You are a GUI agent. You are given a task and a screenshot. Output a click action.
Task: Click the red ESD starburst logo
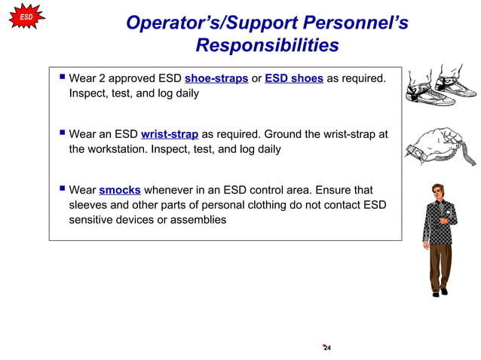(x=26, y=17)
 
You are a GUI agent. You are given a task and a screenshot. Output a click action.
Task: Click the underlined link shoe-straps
(x=216, y=79)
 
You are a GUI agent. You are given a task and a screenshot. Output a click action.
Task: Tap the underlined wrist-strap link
(x=170, y=135)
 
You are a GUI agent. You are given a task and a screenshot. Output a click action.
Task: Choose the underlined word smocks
(x=120, y=191)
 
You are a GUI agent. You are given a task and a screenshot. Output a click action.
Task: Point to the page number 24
(x=327, y=348)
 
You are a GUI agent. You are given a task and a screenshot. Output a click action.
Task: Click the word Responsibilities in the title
(x=267, y=45)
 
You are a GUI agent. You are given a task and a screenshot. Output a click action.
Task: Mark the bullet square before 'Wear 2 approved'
(x=60, y=78)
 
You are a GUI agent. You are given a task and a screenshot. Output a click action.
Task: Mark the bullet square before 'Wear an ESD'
(x=60, y=134)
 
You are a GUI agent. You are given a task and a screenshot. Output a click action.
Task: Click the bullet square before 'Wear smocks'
(x=60, y=190)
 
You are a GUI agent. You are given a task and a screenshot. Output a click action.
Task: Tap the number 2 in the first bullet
(x=102, y=79)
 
